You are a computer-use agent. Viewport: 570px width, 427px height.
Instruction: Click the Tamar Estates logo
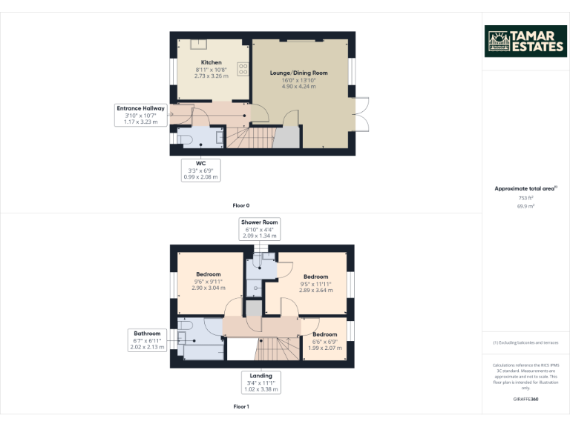[525, 42]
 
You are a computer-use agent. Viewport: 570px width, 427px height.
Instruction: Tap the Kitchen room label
[212, 69]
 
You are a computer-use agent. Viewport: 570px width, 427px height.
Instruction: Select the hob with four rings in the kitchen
[242, 68]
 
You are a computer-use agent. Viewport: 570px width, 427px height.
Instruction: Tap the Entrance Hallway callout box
[140, 114]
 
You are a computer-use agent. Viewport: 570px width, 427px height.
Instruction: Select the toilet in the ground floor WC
[185, 139]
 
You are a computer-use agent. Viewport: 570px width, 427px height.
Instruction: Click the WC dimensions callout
[200, 170]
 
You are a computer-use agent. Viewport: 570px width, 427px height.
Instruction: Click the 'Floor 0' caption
[241, 205]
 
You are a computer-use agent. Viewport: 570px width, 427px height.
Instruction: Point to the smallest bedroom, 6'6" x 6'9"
[324, 340]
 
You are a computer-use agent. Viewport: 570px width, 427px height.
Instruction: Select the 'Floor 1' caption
[241, 406]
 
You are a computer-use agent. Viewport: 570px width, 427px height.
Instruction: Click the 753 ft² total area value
[525, 198]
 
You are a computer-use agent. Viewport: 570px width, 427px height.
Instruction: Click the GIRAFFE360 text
[525, 399]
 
